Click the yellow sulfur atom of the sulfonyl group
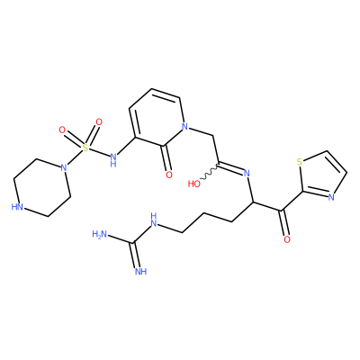tap(85, 148)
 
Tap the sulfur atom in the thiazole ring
tap(299, 162)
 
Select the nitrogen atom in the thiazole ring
tap(331, 197)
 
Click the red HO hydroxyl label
tap(194, 184)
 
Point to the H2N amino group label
tap(100, 234)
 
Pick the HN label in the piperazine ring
tap(17, 207)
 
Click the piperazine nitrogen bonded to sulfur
tap(63, 167)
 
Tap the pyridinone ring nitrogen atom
tap(185, 127)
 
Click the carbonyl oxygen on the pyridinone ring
tap(169, 175)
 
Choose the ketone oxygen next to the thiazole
tap(287, 239)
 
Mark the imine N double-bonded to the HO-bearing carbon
tap(247, 173)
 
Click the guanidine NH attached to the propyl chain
tap(154, 220)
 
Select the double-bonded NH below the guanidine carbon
tap(140, 272)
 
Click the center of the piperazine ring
tap(42, 187)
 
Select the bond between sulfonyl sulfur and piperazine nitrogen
tap(74, 157)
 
